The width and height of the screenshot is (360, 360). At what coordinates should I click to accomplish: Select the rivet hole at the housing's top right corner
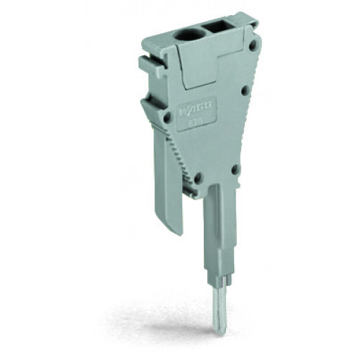click(253, 45)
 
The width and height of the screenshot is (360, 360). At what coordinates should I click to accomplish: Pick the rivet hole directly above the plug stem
click(235, 170)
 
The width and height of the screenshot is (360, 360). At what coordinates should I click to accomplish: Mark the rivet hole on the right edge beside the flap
click(245, 90)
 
